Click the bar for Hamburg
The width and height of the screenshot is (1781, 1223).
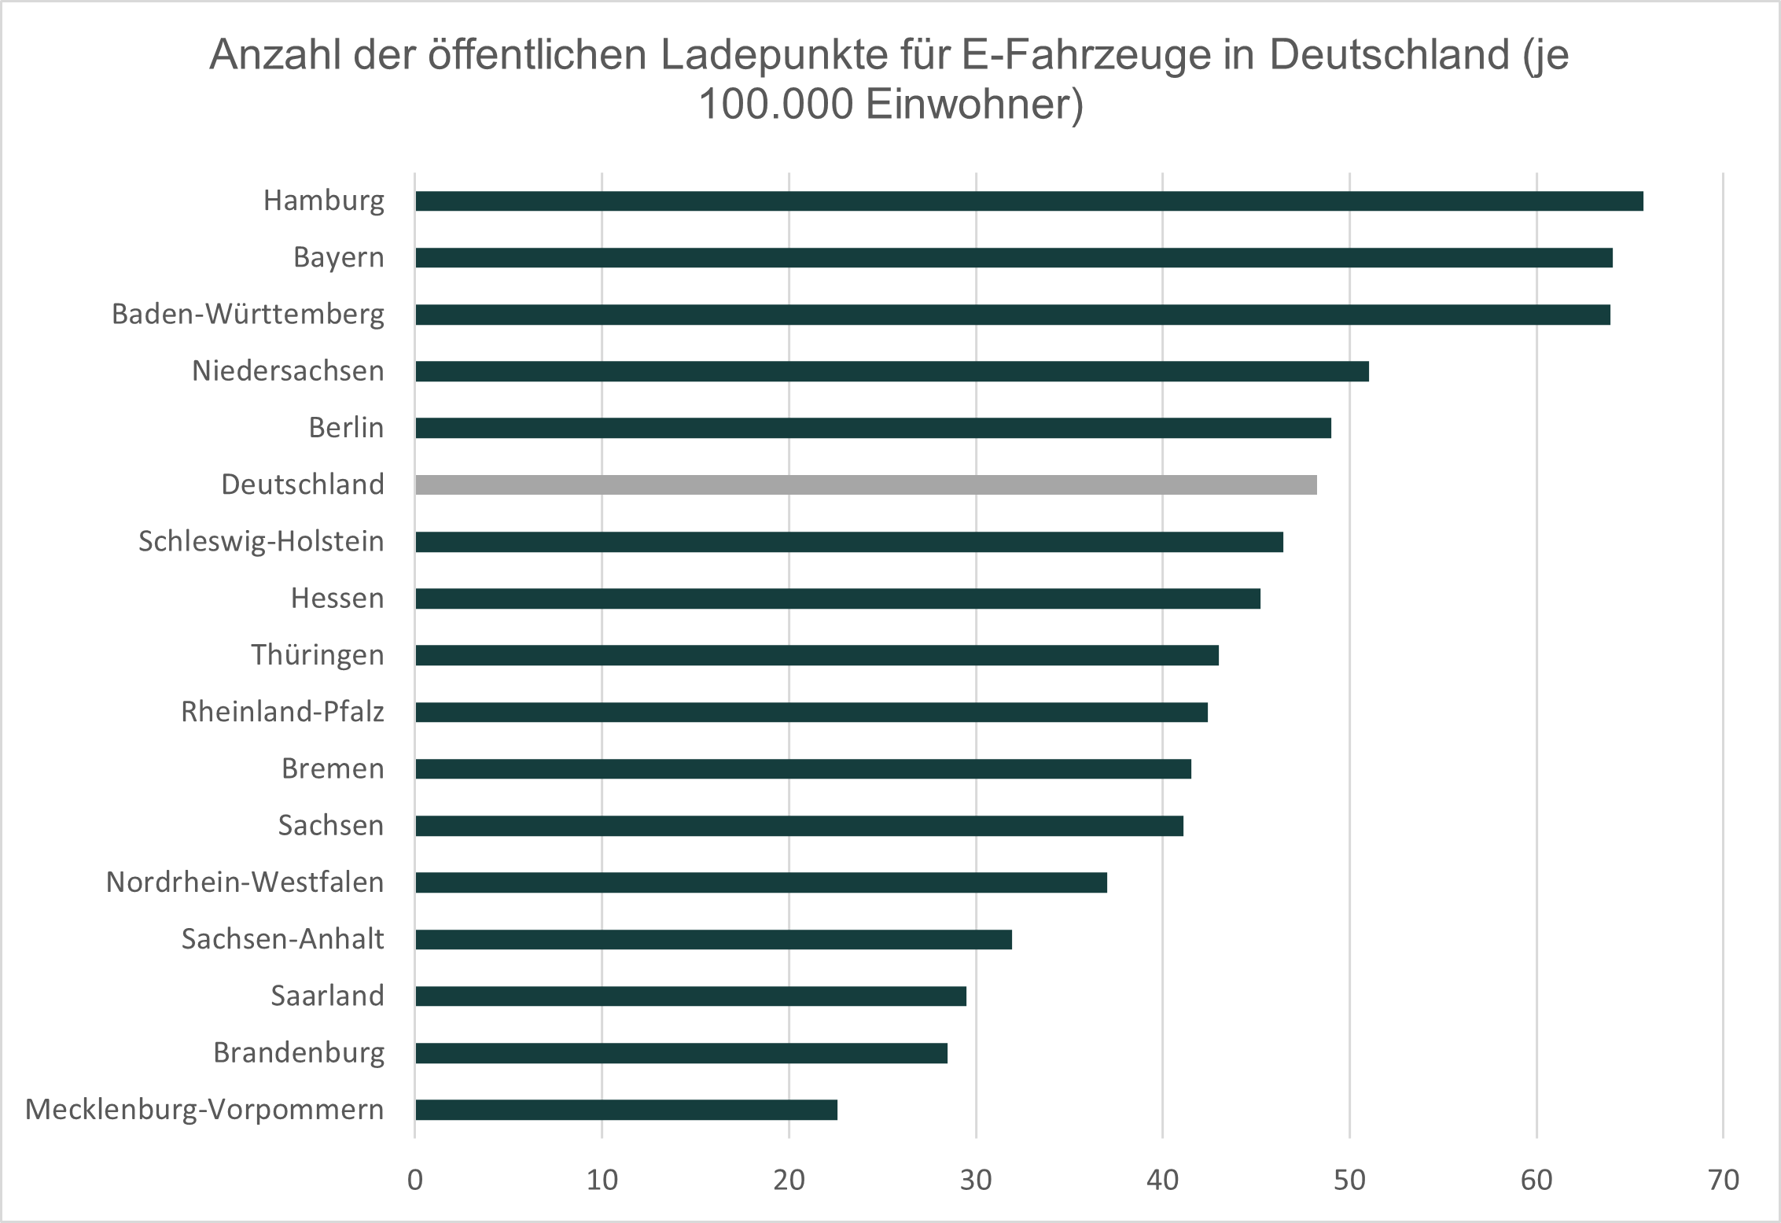[x=1028, y=201]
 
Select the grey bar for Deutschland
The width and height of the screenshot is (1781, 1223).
[x=865, y=485]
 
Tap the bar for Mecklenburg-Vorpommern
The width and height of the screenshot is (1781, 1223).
[x=626, y=1110]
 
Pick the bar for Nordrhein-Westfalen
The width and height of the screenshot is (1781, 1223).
[x=760, y=882]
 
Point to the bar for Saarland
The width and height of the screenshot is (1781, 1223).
[x=690, y=996]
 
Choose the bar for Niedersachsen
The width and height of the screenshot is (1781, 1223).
[x=892, y=371]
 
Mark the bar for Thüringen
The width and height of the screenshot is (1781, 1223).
[x=816, y=655]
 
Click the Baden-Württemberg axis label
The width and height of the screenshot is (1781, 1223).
[x=248, y=315]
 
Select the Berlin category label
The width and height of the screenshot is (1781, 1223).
[x=346, y=428]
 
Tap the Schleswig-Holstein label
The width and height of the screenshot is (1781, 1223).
[x=261, y=542]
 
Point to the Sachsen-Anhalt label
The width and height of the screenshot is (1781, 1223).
[x=282, y=939]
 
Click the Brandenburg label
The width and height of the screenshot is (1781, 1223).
[x=299, y=1053]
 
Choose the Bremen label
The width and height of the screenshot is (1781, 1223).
[x=333, y=768]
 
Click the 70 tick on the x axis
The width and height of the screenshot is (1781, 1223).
[x=1723, y=1181]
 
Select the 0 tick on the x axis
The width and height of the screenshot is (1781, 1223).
[x=415, y=1181]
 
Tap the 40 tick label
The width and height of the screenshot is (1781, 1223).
[x=1162, y=1181]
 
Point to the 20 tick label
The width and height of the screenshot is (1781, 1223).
[x=789, y=1181]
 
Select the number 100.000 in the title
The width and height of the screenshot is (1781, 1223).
[x=775, y=105]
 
